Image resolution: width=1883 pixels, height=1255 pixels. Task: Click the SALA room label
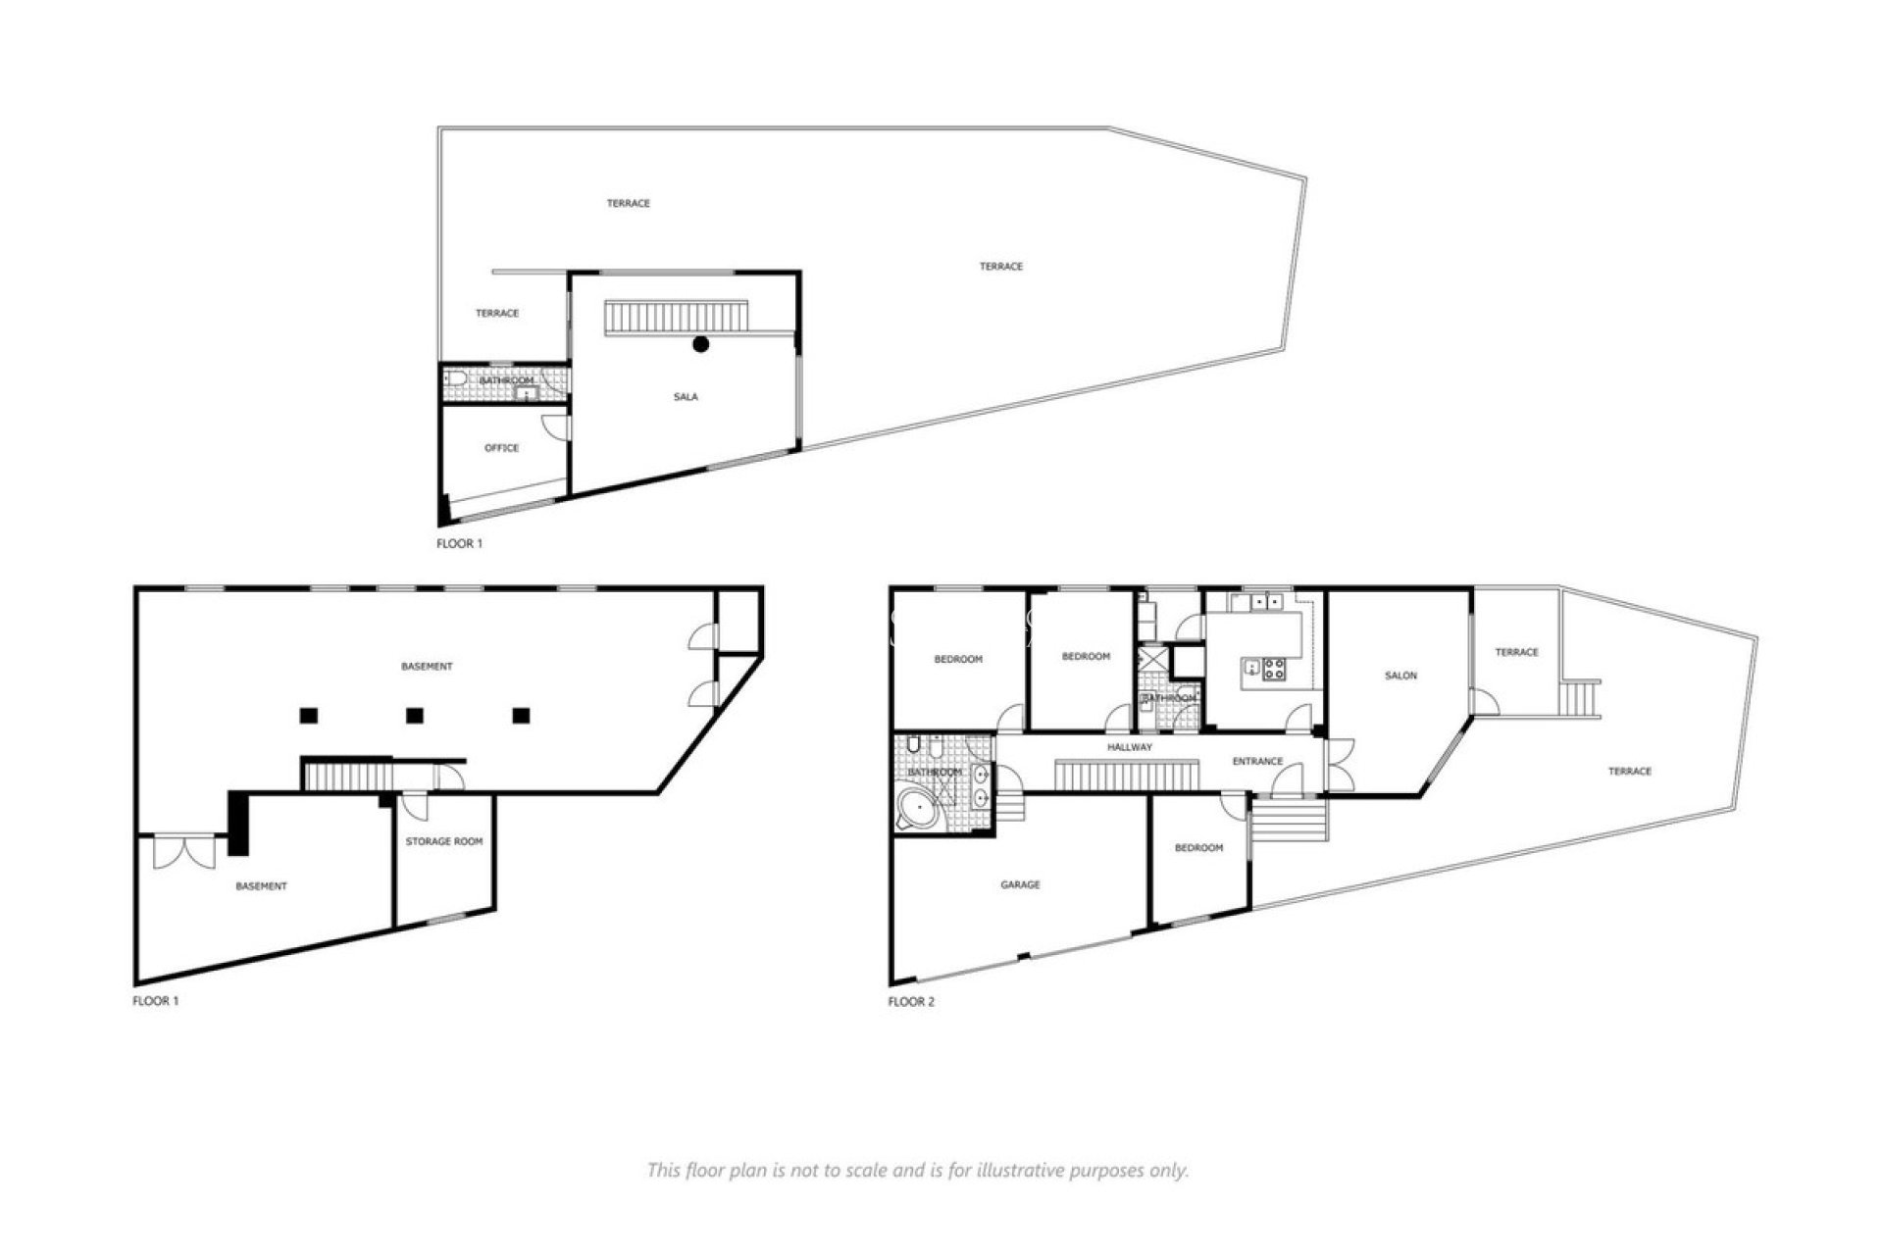686,397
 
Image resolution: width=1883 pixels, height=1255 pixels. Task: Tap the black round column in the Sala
700,344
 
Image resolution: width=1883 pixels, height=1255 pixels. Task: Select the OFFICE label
501,448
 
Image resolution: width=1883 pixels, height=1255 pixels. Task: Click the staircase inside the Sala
677,318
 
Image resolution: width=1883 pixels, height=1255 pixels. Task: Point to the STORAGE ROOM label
444,841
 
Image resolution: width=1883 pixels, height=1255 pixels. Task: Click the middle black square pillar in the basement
415,716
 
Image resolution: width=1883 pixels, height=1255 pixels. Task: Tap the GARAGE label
1020,884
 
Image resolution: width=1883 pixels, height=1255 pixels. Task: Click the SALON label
1400,676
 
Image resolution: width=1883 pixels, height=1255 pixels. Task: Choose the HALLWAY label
1130,747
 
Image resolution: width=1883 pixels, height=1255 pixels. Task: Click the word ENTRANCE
1257,762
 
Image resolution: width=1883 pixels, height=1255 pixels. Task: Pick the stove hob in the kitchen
1274,670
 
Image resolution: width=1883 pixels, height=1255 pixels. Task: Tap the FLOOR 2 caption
911,1002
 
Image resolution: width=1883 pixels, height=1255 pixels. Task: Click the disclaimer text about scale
917,1170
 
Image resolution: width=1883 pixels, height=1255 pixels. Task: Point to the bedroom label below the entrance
1198,848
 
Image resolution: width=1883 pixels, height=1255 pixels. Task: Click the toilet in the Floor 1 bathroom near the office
454,378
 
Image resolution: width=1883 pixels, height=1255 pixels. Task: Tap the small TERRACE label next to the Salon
1516,652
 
